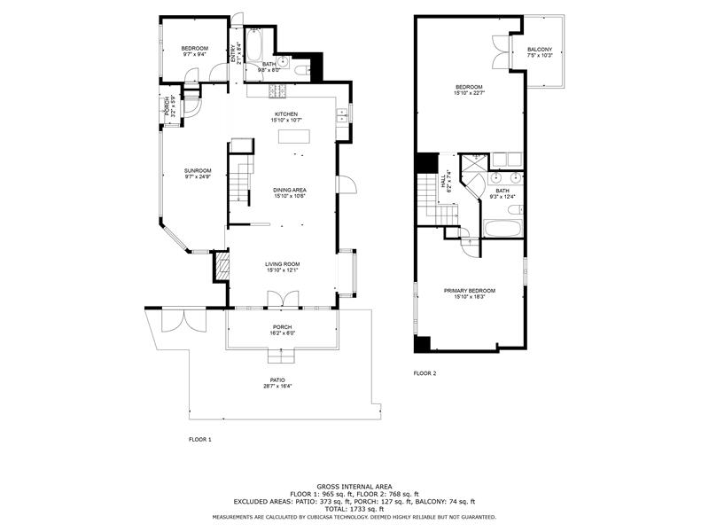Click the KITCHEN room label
(285, 114)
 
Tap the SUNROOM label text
(198, 171)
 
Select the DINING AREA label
(290, 190)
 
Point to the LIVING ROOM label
(283, 264)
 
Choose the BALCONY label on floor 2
(539, 50)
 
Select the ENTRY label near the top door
(234, 53)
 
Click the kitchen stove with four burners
(277, 90)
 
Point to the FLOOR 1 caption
(200, 440)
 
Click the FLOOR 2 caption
(425, 373)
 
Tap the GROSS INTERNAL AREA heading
(354, 487)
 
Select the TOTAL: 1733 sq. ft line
(354, 508)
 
